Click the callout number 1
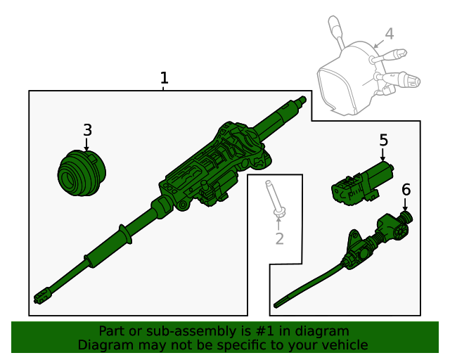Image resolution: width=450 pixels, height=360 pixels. [164, 78]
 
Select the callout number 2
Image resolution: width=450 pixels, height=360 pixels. [279, 239]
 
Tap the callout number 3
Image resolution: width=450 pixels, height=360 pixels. [87, 130]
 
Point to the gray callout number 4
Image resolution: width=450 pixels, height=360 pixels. [389, 34]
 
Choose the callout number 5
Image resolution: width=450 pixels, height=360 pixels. [383, 140]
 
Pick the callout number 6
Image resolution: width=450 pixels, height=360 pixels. [406, 189]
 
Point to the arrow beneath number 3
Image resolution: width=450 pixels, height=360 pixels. [86, 145]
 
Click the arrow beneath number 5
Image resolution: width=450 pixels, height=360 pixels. [383, 155]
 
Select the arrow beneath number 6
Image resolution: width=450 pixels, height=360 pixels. [405, 204]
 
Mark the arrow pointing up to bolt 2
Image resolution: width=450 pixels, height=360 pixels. [278, 224]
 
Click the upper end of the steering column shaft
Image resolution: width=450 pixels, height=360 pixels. [302, 100]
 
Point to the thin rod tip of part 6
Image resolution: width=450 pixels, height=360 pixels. [278, 304]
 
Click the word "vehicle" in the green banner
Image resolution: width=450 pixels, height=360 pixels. [342, 345]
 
